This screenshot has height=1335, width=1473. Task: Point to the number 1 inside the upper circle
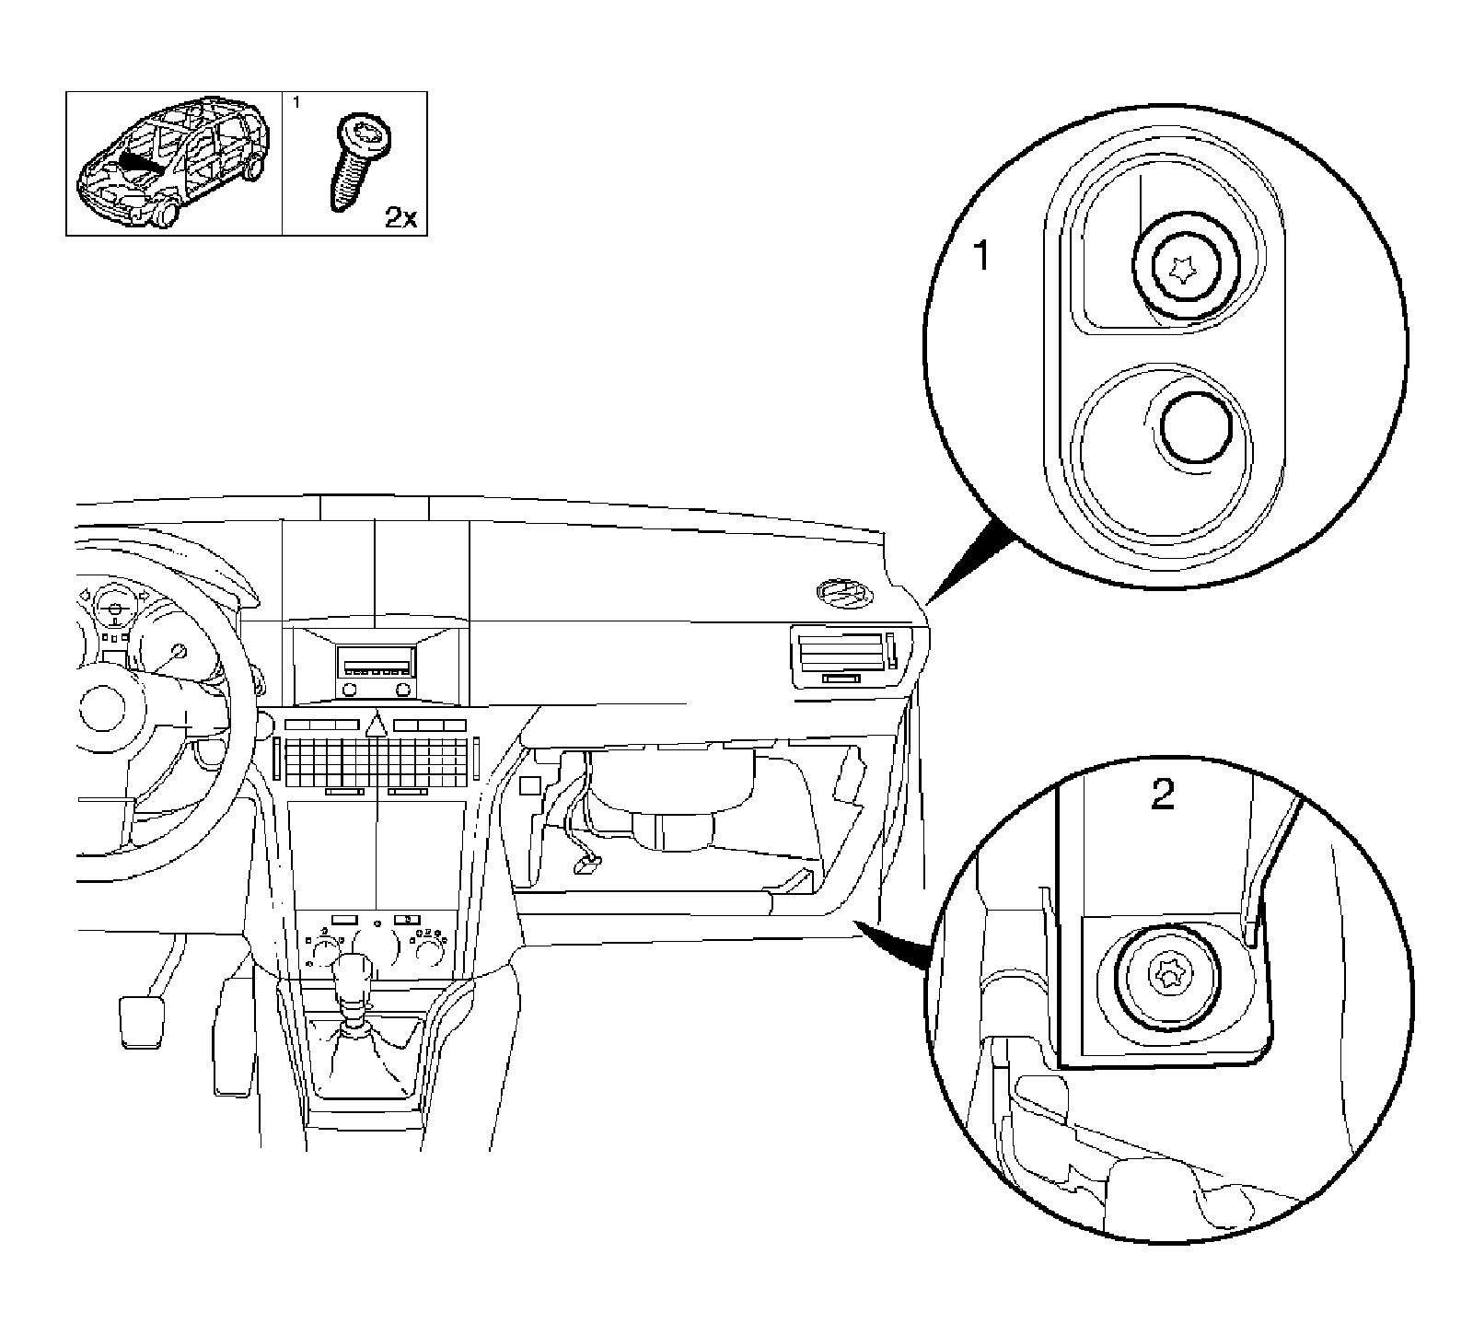981,257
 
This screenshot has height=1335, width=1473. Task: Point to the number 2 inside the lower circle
1164,795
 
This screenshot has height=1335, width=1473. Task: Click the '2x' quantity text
400,218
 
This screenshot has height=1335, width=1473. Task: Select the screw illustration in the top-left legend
355,161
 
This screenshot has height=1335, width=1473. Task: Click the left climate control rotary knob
325,946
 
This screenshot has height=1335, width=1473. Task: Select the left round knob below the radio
349,690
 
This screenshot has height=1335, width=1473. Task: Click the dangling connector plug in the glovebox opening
585,863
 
